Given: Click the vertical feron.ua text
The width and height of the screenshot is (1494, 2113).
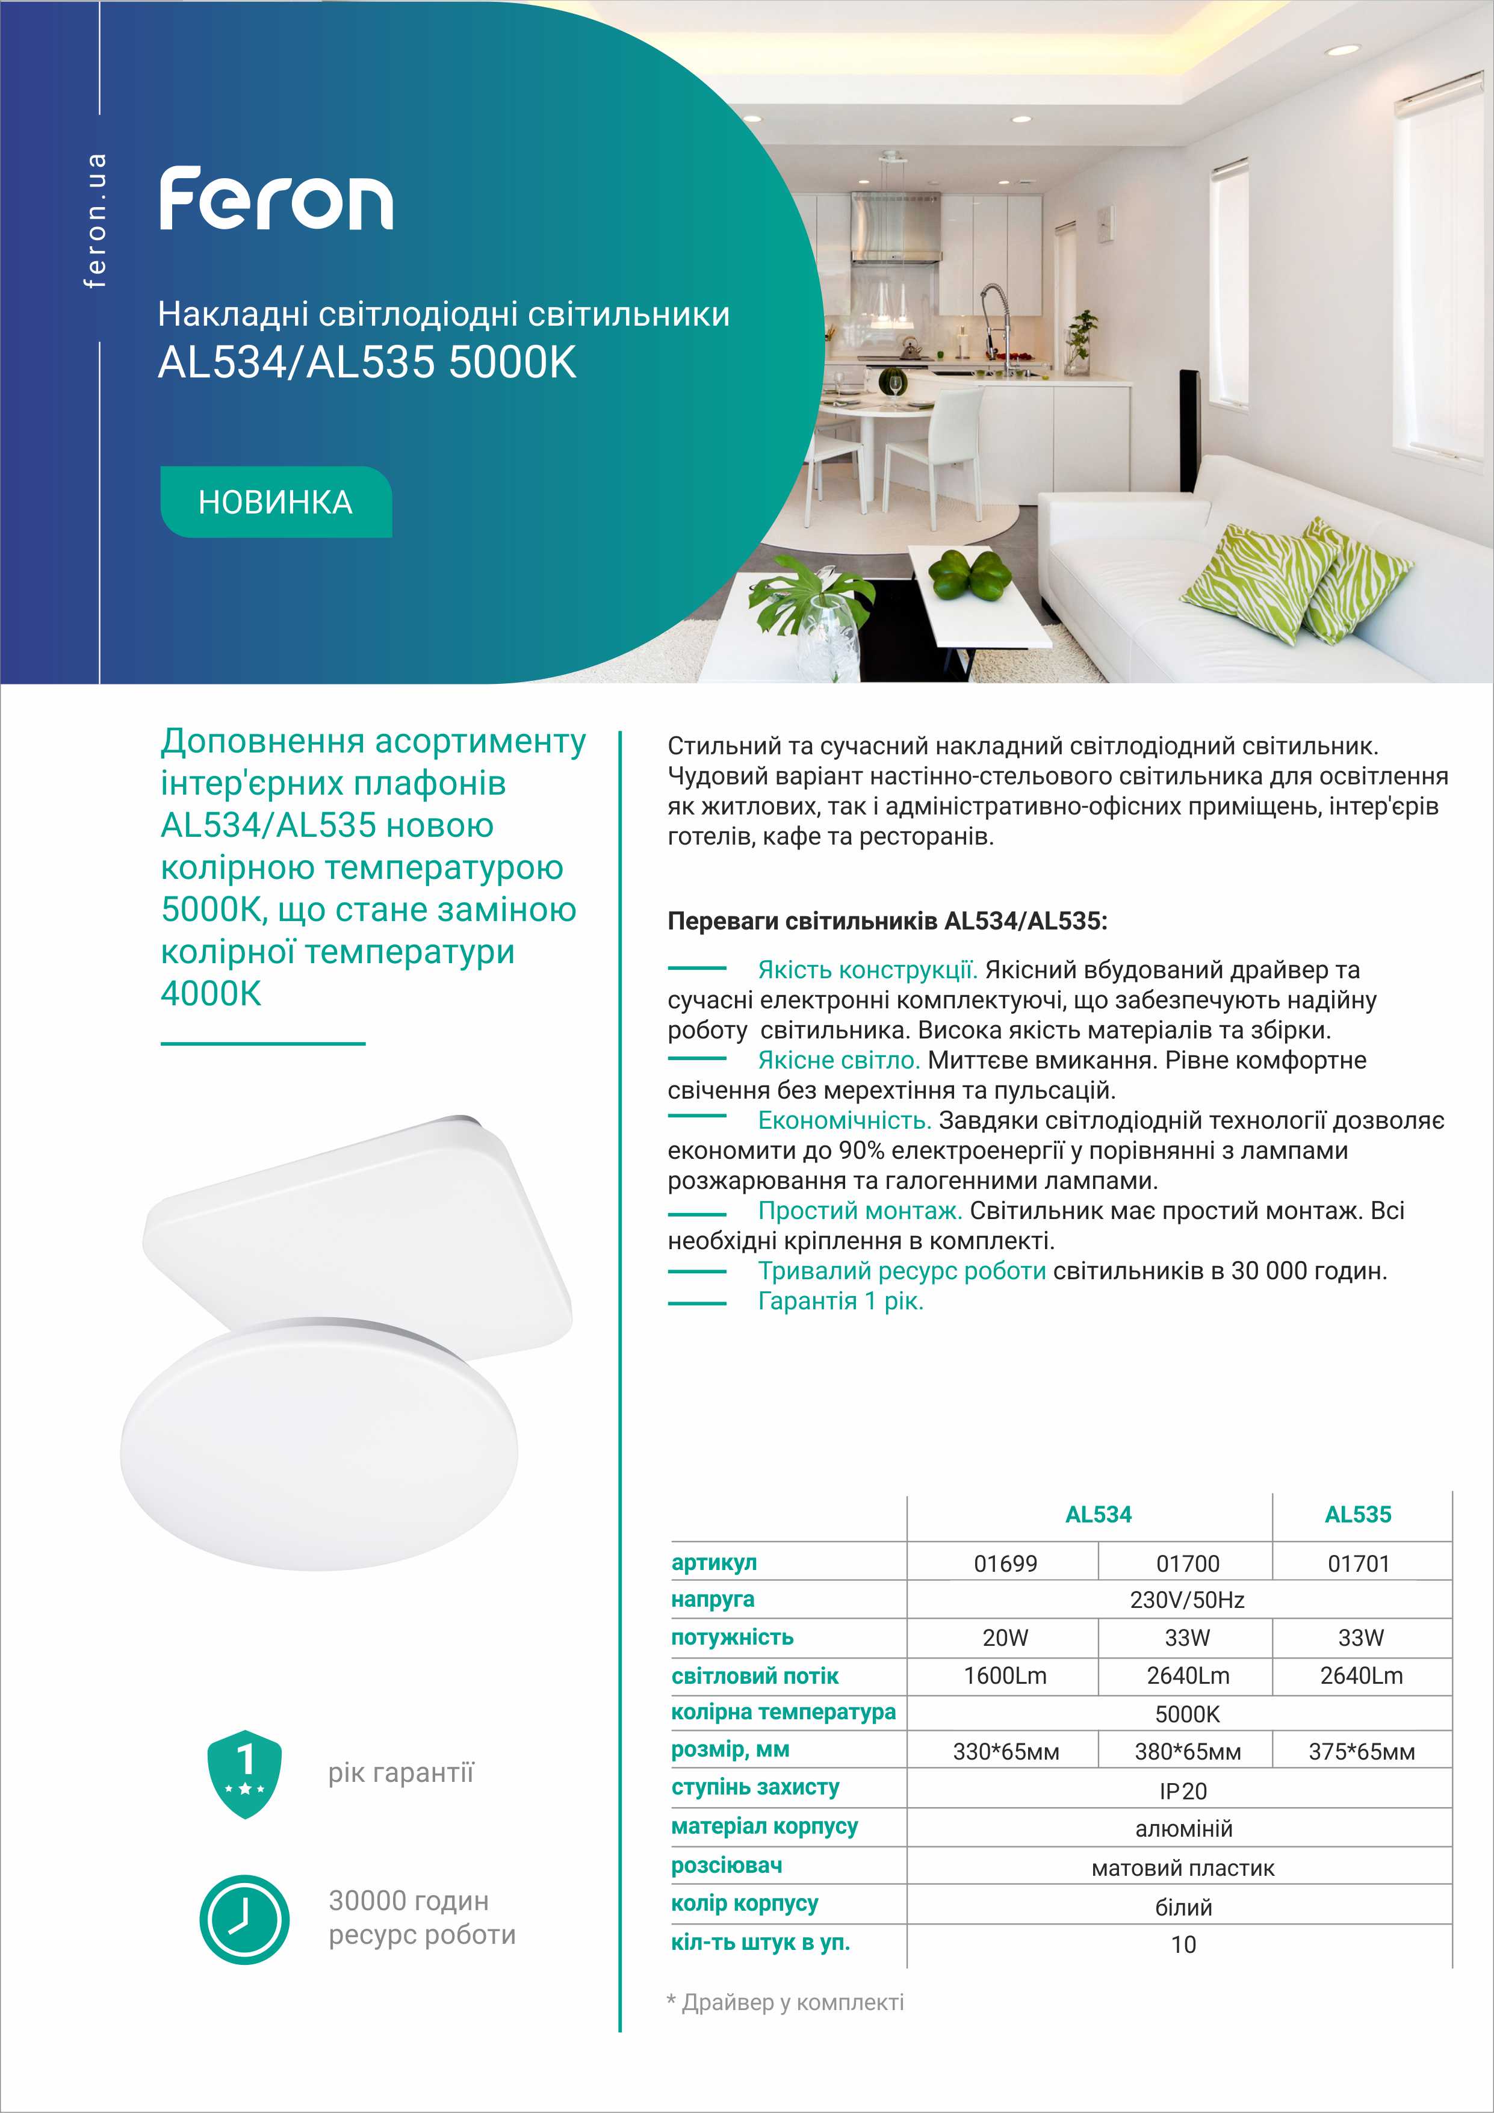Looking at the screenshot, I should [x=95, y=221].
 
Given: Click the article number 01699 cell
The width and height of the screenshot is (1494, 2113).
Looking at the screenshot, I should [x=1005, y=1563].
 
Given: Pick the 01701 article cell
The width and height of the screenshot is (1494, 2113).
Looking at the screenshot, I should [x=1358, y=1563].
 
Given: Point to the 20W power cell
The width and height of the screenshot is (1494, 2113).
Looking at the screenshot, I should [x=1005, y=1638].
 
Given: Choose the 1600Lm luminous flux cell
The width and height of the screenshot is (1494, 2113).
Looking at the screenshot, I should [x=1005, y=1676].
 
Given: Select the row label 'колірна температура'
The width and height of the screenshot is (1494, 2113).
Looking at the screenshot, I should [x=783, y=1713].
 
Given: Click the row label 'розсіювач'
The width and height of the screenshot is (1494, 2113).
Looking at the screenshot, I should [x=727, y=1866].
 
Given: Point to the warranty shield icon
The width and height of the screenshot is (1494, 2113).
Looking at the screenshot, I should [x=245, y=1773].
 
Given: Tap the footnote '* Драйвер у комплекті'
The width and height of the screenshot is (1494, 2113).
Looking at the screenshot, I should [x=785, y=2003].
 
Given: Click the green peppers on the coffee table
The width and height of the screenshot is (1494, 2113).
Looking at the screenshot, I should [x=970, y=575].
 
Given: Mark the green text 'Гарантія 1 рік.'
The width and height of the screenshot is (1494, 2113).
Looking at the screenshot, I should [x=840, y=1302].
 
